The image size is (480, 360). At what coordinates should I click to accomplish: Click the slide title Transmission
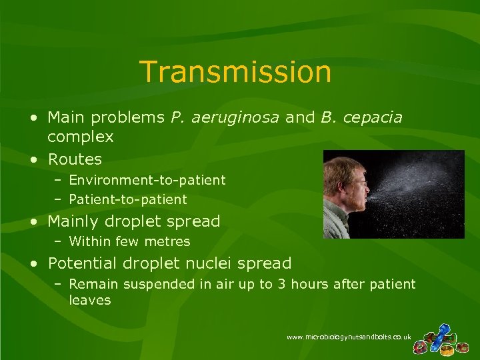click(235, 72)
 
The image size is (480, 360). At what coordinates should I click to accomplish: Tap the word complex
click(81, 137)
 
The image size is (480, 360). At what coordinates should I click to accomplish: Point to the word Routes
click(75, 159)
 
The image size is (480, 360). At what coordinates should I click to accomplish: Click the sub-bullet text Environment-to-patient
click(147, 180)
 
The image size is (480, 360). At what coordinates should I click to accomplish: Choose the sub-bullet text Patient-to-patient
click(128, 199)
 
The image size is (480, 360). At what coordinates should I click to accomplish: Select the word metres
click(169, 241)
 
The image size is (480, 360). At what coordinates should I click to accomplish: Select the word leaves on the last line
click(90, 301)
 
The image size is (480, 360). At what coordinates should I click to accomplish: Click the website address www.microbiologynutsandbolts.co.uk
click(349, 337)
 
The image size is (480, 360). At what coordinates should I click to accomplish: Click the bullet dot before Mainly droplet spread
click(33, 221)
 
